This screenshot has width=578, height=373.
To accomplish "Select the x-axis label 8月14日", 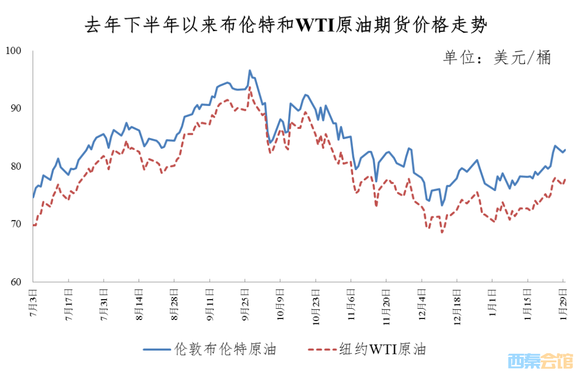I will [139, 305].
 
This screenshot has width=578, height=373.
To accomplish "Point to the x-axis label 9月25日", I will [245, 305].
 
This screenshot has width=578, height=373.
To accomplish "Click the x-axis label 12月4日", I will [421, 305].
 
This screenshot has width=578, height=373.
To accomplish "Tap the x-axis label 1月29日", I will [562, 305].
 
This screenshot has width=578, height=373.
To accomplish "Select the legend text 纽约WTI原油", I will [383, 349].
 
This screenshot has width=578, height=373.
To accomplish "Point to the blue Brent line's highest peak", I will [249, 70].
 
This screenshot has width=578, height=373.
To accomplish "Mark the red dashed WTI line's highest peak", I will [250, 87].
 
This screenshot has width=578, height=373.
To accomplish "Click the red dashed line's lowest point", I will [442, 232].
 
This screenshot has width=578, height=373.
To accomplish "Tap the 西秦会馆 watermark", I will [542, 362].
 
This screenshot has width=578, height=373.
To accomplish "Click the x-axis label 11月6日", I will [351, 305].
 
